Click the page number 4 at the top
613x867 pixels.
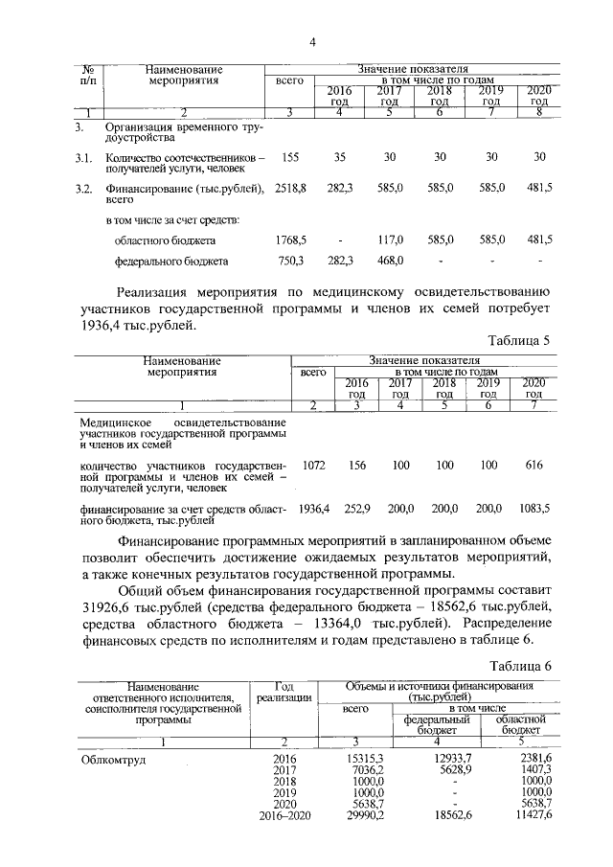(311, 41)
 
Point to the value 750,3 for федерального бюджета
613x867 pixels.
(290, 260)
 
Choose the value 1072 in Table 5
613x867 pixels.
(314, 465)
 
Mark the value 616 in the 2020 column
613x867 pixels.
(534, 465)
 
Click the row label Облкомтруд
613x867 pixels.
(111, 759)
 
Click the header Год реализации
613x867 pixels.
(283, 692)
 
